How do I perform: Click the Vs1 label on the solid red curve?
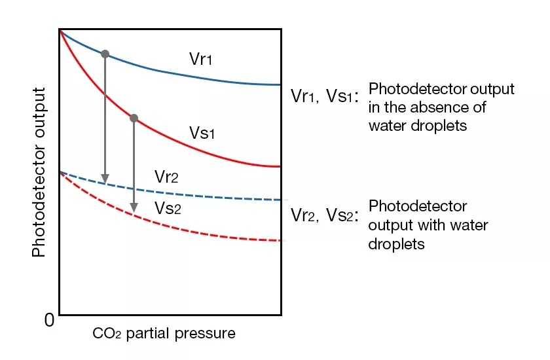click(x=202, y=134)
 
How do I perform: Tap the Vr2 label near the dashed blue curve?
click(x=166, y=177)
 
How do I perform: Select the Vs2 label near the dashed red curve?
click(x=168, y=208)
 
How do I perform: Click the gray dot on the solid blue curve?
click(x=105, y=54)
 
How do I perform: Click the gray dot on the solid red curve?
click(x=134, y=118)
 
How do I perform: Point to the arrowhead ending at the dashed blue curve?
click(x=105, y=179)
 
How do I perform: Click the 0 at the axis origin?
click(x=48, y=321)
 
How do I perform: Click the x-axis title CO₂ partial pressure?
click(x=164, y=334)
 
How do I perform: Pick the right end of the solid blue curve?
click(x=280, y=85)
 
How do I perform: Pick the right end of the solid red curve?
click(x=280, y=167)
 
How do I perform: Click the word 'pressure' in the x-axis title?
click(x=208, y=334)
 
